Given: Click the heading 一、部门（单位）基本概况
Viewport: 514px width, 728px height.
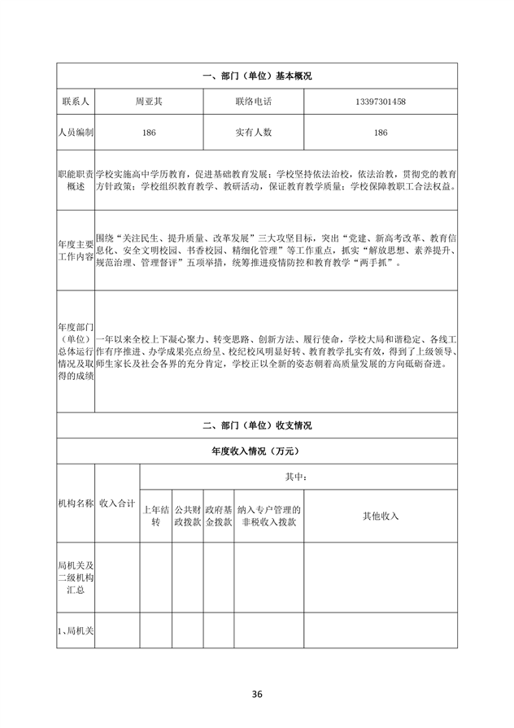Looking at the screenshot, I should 256,76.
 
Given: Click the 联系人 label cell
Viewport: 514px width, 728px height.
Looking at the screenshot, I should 76,102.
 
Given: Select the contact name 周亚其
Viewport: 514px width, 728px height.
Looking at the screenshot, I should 149,102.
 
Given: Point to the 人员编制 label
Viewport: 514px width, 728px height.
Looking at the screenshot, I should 76,132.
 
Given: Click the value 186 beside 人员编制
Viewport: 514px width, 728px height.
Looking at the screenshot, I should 149,132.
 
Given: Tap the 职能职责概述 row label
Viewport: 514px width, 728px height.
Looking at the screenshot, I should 76,181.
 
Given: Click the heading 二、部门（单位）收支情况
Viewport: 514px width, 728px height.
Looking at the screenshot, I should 256,425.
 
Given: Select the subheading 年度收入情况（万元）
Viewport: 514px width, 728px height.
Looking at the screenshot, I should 256,450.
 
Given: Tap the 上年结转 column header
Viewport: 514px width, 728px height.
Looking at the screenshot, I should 155,517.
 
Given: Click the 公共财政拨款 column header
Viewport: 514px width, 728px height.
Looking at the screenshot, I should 187,517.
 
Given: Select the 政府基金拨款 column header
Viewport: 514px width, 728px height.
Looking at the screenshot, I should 219,517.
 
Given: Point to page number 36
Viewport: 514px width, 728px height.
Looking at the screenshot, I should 257,694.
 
